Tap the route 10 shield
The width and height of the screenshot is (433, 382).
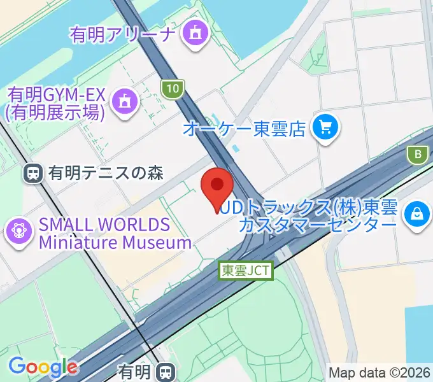[x=173, y=88]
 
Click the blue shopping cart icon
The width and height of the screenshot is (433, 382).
[x=325, y=129]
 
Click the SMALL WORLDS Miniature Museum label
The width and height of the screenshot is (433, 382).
[x=115, y=233]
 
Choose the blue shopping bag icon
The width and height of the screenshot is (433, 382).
[x=417, y=213]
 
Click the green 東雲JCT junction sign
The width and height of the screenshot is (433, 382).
[x=246, y=271]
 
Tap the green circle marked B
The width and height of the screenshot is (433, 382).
[x=418, y=154]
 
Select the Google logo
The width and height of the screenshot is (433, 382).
[x=43, y=366]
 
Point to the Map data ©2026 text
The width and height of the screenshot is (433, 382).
[x=378, y=372]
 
